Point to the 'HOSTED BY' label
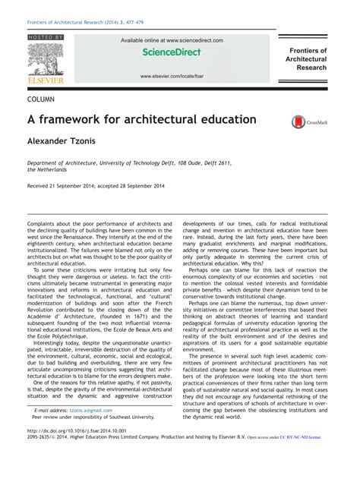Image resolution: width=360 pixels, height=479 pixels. coord(46,37)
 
